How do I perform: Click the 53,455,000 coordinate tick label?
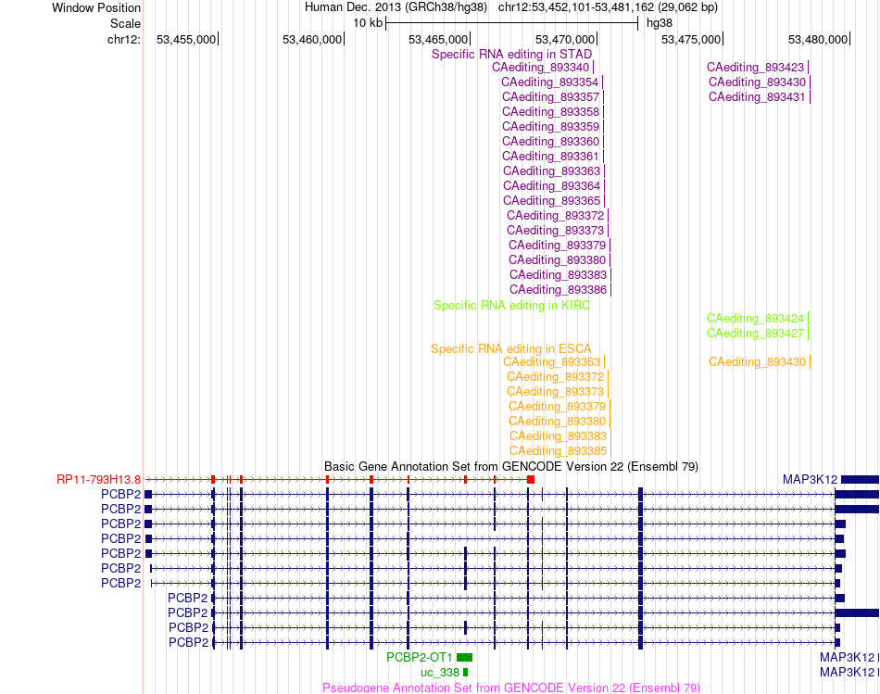[186, 39]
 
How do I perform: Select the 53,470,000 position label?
[565, 39]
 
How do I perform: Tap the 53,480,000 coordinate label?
[818, 39]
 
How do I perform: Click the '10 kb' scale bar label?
[368, 23]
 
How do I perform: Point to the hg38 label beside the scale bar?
[660, 23]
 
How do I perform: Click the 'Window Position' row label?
[96, 7]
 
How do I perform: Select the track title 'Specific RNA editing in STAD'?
[512, 54]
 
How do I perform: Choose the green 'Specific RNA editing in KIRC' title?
[512, 306]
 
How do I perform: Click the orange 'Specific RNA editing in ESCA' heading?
[511, 348]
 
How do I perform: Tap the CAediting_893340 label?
[540, 68]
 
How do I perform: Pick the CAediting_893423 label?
[755, 68]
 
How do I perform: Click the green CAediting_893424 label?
[755, 319]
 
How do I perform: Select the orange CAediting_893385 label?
[558, 451]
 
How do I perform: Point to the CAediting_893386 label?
[558, 290]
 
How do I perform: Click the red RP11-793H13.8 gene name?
[99, 480]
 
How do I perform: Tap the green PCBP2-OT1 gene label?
[420, 658]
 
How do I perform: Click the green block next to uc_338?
[465, 673]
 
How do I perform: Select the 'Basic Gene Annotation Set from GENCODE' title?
[511, 467]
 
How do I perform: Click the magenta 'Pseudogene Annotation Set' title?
[511, 688]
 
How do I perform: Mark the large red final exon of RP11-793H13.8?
[531, 480]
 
